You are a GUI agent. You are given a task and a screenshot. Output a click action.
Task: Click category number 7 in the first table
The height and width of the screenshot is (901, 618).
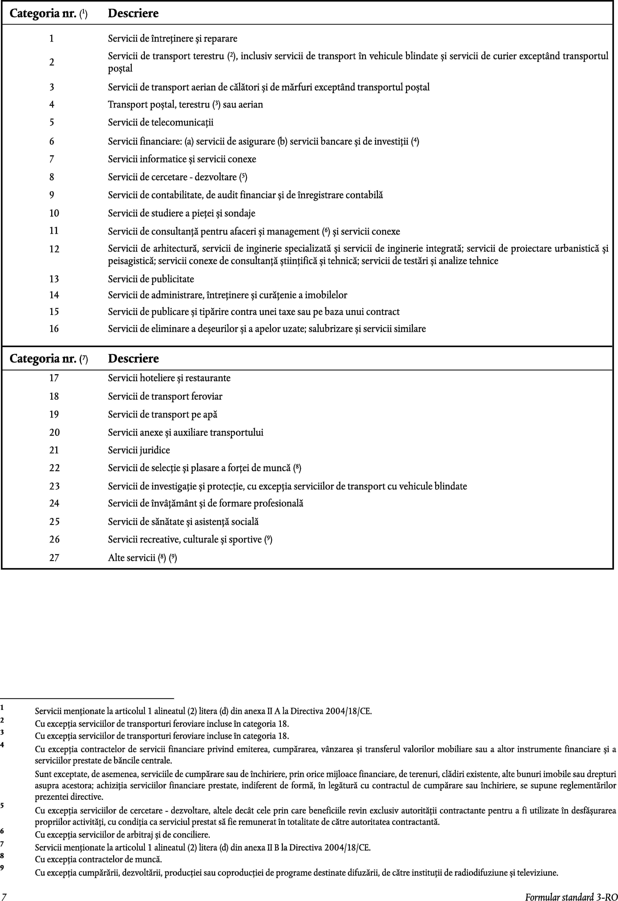[52, 159]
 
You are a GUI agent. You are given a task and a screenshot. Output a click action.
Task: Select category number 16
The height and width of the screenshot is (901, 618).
[54, 329]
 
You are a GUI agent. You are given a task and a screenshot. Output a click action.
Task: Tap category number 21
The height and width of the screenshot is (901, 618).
[54, 450]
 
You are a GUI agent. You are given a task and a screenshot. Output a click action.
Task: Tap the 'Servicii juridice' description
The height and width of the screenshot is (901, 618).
[139, 450]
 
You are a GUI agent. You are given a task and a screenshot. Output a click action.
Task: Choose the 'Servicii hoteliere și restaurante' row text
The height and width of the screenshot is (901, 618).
[169, 378]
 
